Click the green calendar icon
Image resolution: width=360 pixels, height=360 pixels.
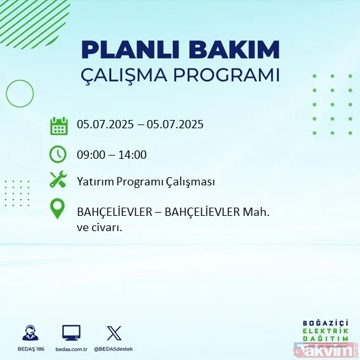(x=58, y=125)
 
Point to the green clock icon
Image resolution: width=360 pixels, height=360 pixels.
(x=58, y=154)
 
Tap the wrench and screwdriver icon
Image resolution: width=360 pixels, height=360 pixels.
(x=58, y=181)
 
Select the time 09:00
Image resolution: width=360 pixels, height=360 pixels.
(x=91, y=154)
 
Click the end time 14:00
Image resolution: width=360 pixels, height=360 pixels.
(x=133, y=154)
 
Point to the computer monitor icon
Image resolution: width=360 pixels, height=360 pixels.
(x=71, y=333)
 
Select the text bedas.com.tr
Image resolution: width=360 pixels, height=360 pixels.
(x=71, y=349)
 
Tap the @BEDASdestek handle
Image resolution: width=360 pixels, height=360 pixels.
(x=114, y=349)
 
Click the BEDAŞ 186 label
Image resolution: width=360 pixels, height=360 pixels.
(x=29, y=349)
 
